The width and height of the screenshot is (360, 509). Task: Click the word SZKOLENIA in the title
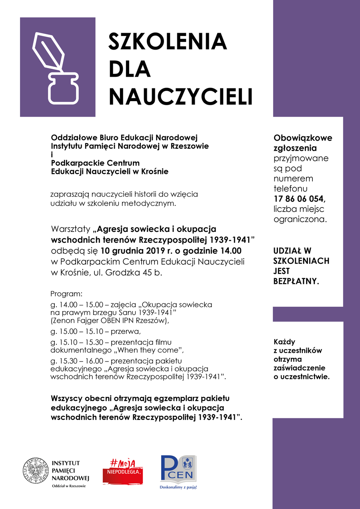(x=168, y=41)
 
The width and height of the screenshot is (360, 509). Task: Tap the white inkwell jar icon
(x=64, y=88)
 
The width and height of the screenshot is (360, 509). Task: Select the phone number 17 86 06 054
(x=300, y=199)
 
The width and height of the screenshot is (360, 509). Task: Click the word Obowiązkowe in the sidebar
(x=303, y=138)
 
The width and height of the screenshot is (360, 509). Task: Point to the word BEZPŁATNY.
(x=296, y=281)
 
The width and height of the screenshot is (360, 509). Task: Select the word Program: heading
(x=66, y=294)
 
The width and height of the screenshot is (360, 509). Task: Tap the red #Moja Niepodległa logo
(x=123, y=469)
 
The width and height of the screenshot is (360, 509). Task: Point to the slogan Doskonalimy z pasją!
(x=178, y=487)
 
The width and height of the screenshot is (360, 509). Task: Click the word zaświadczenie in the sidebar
(x=300, y=368)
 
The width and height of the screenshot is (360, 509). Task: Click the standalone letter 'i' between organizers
(x=52, y=155)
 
